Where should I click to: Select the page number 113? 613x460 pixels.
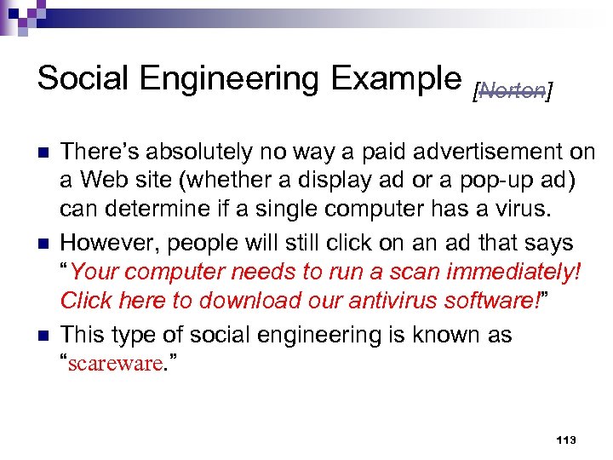click(x=565, y=440)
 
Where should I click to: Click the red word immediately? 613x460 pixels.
click(x=512, y=273)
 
